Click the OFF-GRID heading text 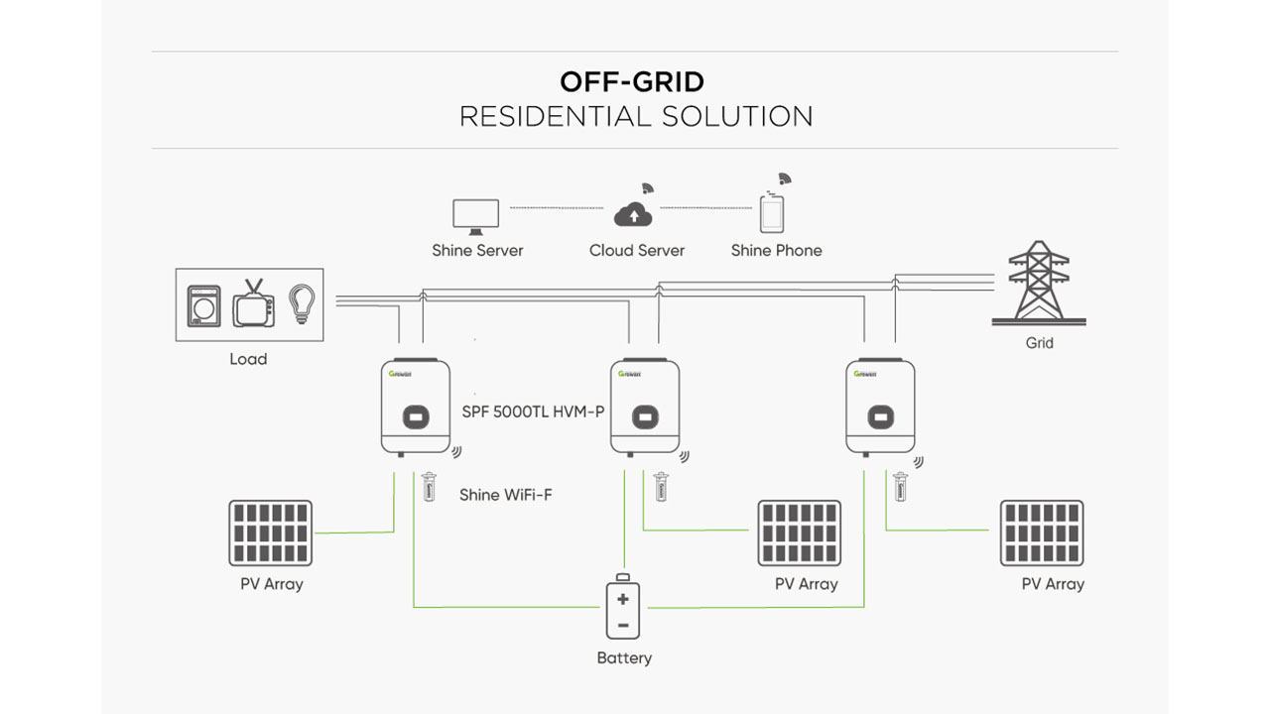point(632,80)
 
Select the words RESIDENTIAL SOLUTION point(636,116)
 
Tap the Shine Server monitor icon point(476,215)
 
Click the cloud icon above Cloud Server point(632,213)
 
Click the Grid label point(1039,343)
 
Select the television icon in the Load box point(254,304)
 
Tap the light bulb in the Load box point(301,302)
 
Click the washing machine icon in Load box point(204,304)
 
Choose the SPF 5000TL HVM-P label point(533,411)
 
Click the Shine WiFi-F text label point(505,494)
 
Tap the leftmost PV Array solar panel point(270,533)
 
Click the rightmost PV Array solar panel point(1041,533)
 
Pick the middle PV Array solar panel point(799,533)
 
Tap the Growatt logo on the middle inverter point(629,374)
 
